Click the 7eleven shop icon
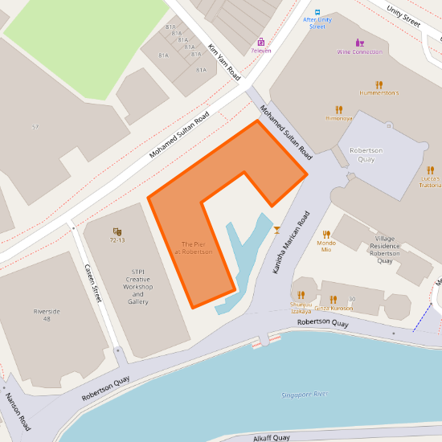[260, 42]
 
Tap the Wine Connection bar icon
[359, 43]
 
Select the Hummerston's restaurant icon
[379, 84]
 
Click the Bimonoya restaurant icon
[339, 109]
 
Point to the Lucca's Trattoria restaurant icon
[431, 170]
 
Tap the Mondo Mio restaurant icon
[326, 235]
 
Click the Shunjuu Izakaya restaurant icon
[301, 295]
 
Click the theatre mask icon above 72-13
[117, 231]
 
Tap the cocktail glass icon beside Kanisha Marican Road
[277, 230]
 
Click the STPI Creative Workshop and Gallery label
[138, 287]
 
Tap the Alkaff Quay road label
[272, 437]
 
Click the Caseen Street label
[92, 283]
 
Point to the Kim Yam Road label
[224, 62]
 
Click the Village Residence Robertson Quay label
[385, 249]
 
